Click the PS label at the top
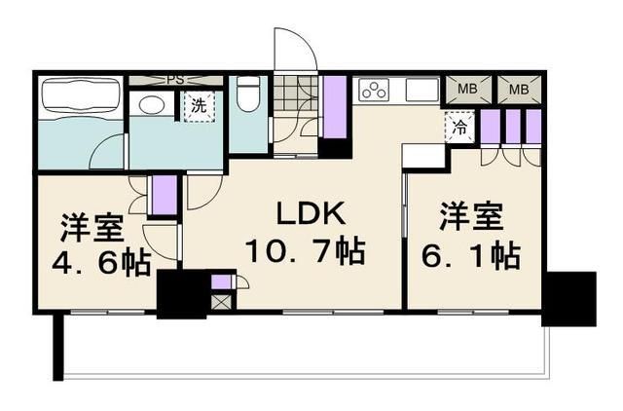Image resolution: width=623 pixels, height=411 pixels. [176, 79]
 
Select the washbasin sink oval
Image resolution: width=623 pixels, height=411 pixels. [151, 104]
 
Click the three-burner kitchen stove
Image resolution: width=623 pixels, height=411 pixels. [374, 90]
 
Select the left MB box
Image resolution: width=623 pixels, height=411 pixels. [467, 90]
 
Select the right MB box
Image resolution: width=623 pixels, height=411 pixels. [518, 90]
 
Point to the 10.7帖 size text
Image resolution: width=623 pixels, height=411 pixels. [305, 252]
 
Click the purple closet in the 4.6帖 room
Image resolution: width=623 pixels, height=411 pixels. [164, 194]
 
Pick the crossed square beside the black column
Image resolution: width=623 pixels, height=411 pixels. [222, 301]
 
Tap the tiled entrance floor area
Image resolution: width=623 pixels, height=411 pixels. [288, 94]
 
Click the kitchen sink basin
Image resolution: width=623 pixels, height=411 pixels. [421, 90]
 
